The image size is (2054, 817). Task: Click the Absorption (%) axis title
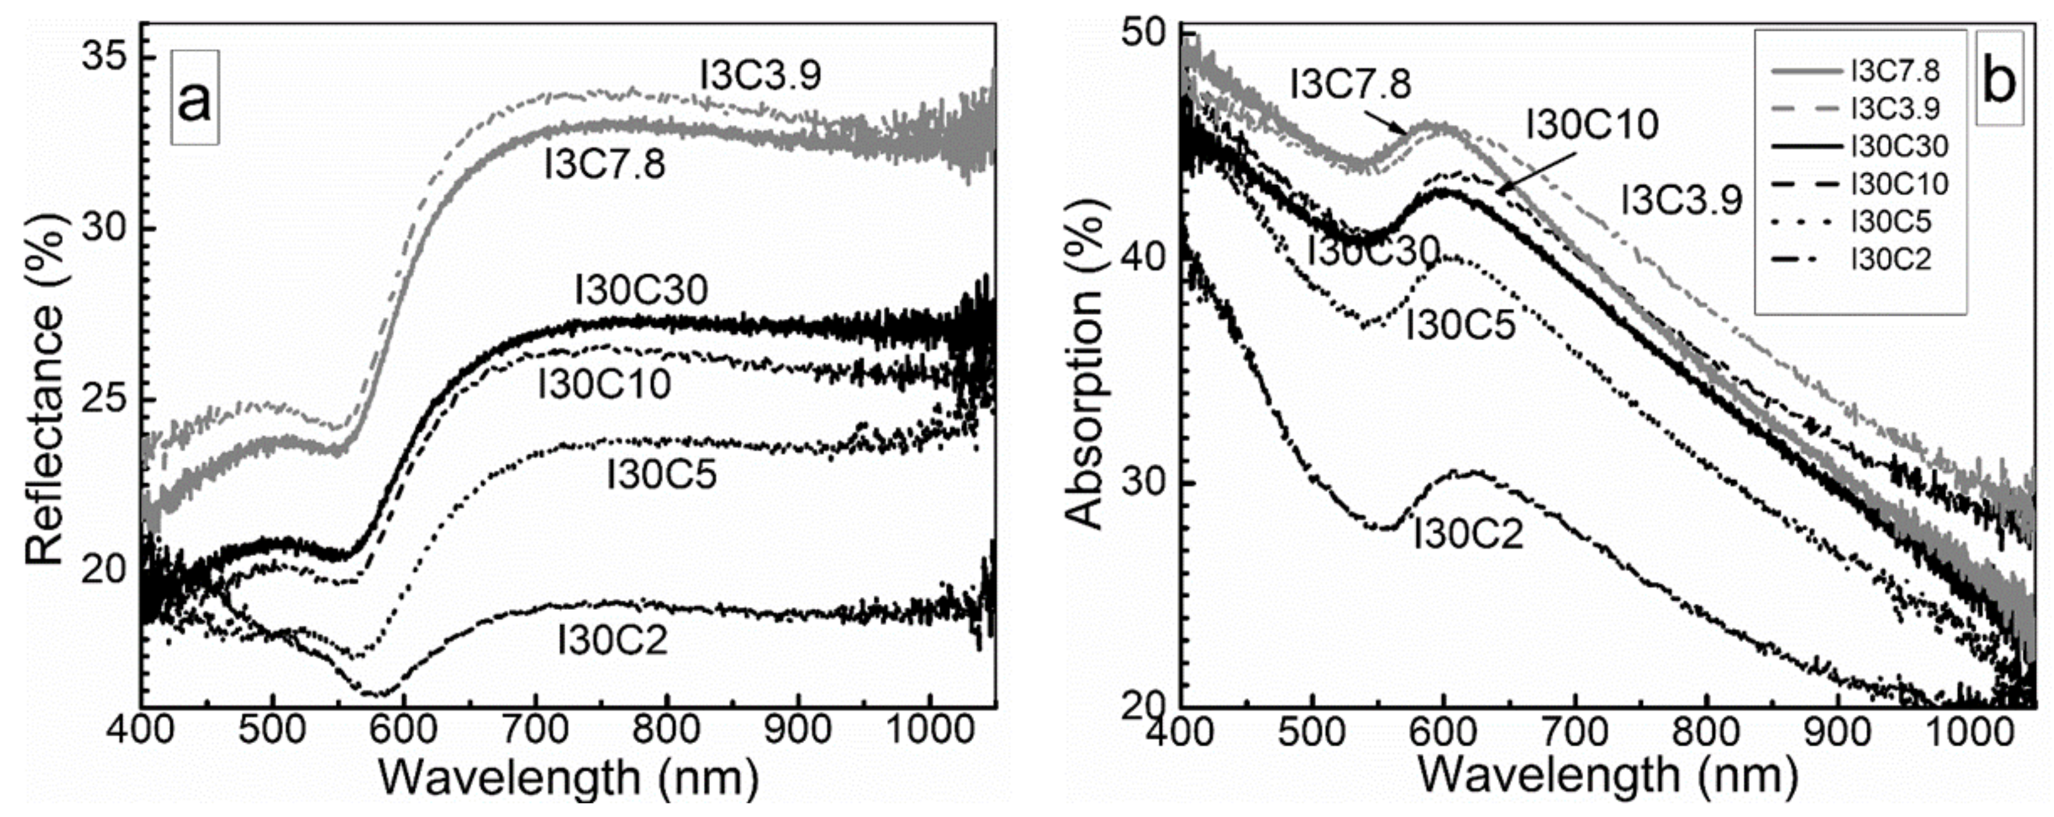pos(1085,375)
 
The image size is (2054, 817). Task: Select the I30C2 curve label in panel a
pos(612,640)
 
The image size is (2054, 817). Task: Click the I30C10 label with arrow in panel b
pos(1591,125)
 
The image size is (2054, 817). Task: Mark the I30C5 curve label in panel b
pos(1460,325)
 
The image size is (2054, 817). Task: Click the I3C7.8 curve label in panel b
pos(1350,85)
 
